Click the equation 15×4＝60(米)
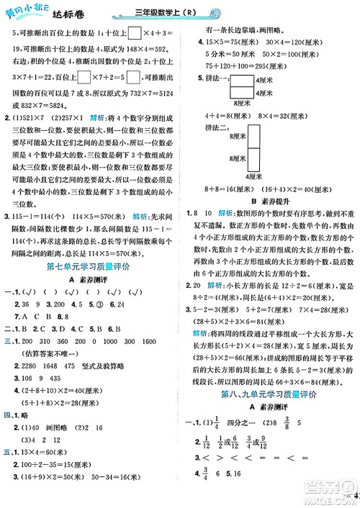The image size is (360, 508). click(51, 444)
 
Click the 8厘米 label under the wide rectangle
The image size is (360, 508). click(243, 102)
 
